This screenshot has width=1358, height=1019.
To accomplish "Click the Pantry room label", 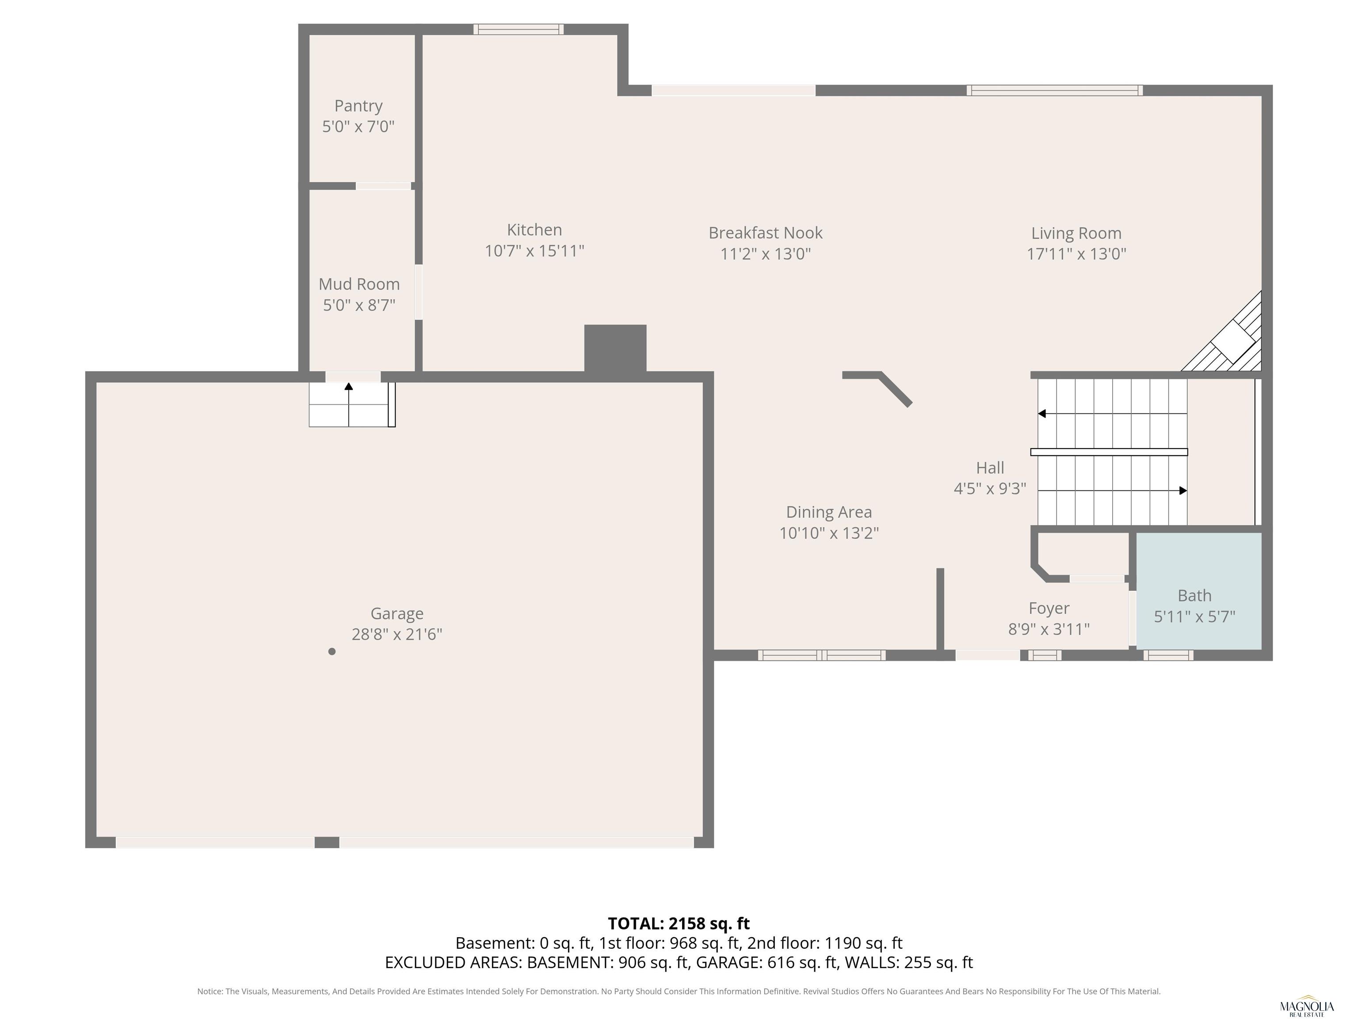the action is point(359,106).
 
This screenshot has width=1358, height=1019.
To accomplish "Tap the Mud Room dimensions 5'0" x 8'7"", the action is point(359,305).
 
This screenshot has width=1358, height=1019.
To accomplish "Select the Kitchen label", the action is point(534,230).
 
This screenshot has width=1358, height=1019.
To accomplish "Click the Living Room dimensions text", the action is point(1076,254).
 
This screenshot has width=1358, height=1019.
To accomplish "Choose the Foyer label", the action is point(1049,608).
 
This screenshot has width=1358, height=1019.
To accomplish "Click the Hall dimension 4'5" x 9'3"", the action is point(990,488).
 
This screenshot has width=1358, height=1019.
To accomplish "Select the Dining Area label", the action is point(829,512).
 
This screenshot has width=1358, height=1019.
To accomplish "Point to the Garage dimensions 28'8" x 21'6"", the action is point(397,634).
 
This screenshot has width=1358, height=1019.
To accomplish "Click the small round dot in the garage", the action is point(332,651).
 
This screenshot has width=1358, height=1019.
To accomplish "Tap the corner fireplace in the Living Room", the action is point(1222,332).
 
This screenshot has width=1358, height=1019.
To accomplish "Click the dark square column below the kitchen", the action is point(615,348).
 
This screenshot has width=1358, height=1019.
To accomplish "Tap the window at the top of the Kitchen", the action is point(518,29).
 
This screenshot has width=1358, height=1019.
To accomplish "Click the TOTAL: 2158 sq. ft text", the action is point(679,923).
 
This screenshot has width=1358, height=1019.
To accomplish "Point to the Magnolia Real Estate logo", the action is point(1306,1006).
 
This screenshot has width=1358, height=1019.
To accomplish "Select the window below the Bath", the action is point(1168,655).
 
